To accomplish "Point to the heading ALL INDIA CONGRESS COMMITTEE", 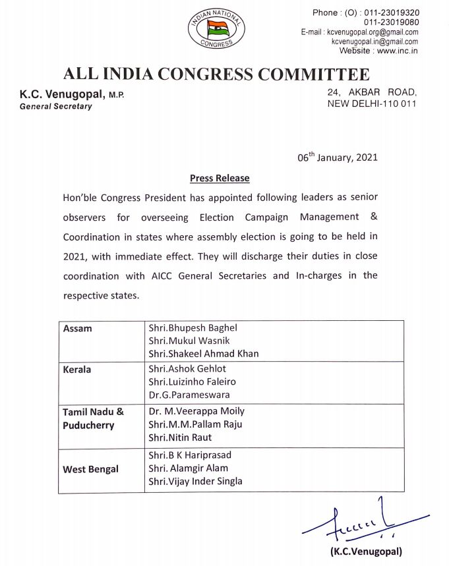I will (216, 74).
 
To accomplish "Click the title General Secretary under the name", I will (56, 106).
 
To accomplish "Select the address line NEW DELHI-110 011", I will (372, 104).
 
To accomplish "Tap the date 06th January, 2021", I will (337, 159).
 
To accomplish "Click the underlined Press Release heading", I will (220, 178).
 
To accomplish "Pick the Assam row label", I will (76, 328).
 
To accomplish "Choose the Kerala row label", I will (77, 370).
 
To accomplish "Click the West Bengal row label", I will (91, 469).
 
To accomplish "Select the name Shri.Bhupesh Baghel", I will (193, 328).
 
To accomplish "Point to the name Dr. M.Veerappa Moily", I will (196, 412).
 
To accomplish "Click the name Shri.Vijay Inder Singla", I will (196, 481).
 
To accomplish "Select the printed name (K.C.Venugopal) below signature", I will (366, 552).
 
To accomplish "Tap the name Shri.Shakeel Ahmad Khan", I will (204, 353).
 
